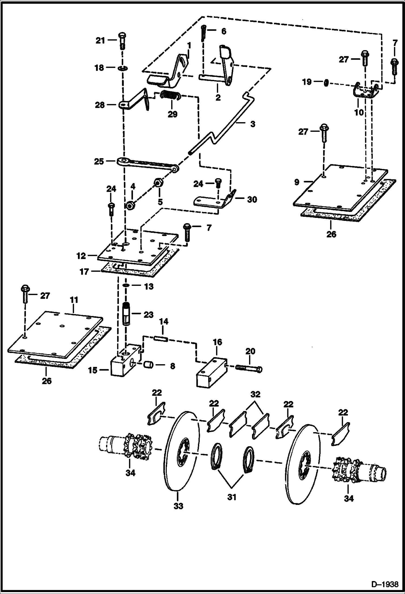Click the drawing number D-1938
pyautogui.click(x=386, y=584)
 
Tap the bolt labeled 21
pyautogui.click(x=122, y=41)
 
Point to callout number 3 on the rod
pyautogui.click(x=253, y=124)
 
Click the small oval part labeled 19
pyautogui.click(x=326, y=82)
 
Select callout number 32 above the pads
pyautogui.click(x=255, y=394)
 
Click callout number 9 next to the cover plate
pyautogui.click(x=297, y=182)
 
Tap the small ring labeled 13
pyautogui.click(x=126, y=286)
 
